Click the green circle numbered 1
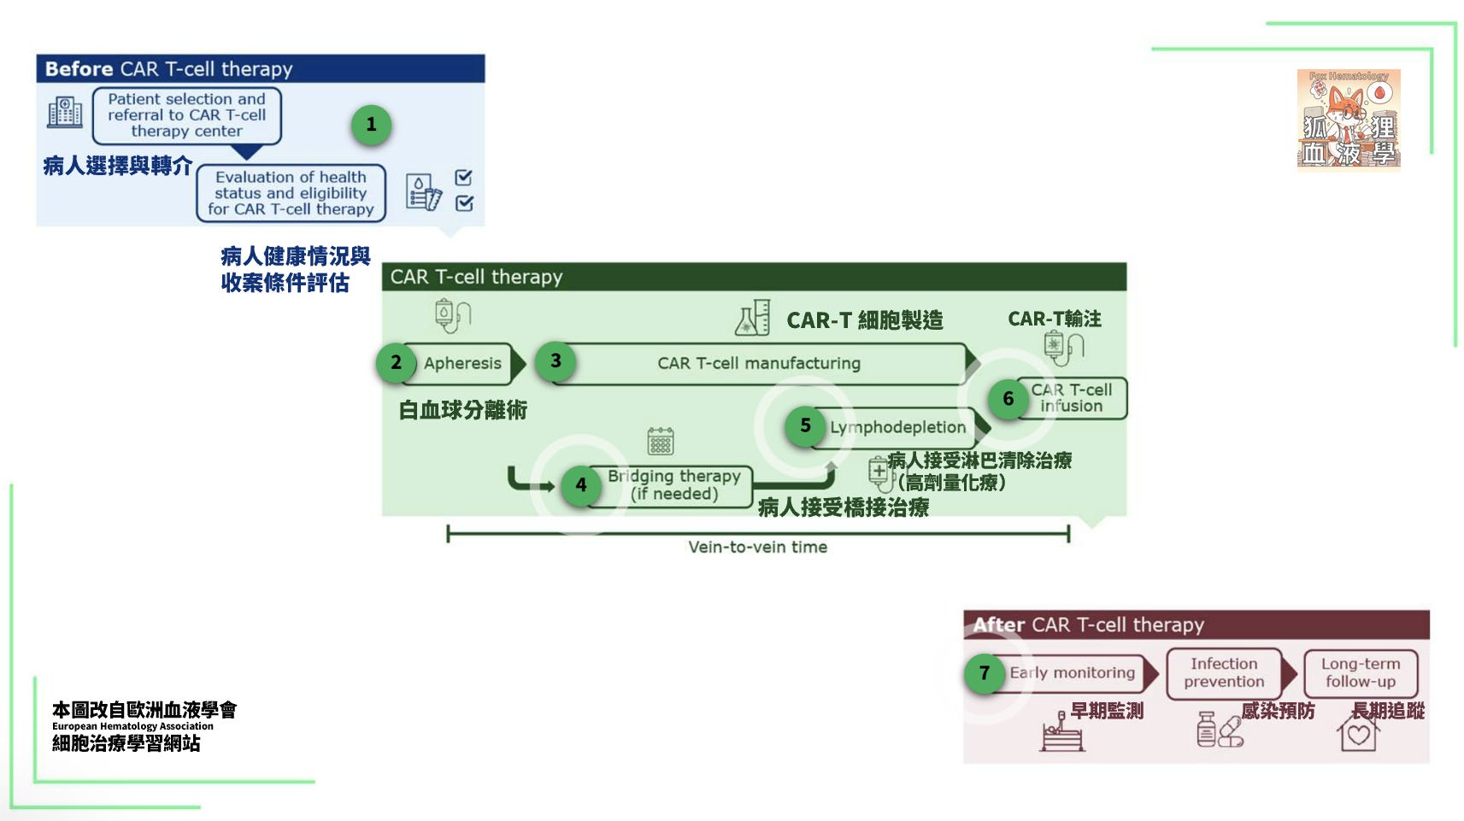[371, 125]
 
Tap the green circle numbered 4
[581, 485]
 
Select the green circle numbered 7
[985, 673]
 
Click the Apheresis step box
[462, 363]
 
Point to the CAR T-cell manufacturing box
[759, 363]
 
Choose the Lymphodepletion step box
[897, 427]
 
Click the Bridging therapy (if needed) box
[674, 485]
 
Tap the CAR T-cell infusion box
[1071, 398]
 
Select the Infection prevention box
[1224, 673]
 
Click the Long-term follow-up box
[1361, 673]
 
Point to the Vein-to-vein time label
[758, 548]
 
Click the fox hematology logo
[1349, 120]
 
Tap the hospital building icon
[65, 112]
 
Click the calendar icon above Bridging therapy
[661, 441]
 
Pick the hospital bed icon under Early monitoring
[1061, 733]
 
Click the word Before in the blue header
[79, 69]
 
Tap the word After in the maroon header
[999, 625]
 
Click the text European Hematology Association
[132, 726]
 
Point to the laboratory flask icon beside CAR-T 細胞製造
[753, 318]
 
